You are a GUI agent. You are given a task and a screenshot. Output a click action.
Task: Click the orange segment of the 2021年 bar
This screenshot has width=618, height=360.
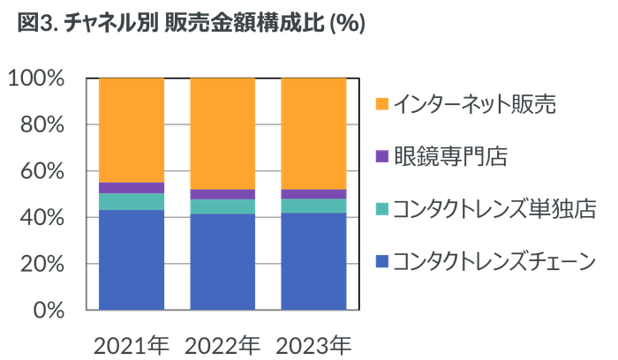[x=132, y=129]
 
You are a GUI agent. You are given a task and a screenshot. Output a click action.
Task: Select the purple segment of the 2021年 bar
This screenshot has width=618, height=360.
[x=132, y=187]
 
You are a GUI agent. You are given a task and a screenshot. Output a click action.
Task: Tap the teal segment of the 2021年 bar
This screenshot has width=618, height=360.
[x=132, y=201]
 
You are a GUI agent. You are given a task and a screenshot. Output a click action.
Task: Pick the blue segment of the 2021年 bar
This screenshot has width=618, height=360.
[x=132, y=259]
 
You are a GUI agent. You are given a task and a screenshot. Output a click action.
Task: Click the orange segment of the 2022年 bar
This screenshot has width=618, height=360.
[x=222, y=132]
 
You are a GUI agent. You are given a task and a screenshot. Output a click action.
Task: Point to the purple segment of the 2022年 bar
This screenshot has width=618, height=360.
[x=222, y=194]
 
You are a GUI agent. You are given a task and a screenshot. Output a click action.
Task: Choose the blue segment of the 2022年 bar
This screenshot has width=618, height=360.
[x=222, y=261]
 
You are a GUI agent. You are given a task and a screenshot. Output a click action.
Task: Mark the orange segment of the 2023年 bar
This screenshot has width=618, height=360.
[x=313, y=132]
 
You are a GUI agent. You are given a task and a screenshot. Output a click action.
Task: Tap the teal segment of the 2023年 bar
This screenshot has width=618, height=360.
[x=313, y=206]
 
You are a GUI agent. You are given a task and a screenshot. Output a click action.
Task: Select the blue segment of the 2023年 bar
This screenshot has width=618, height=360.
[x=313, y=261]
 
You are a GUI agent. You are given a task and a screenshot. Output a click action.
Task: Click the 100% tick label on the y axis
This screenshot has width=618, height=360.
[x=37, y=79]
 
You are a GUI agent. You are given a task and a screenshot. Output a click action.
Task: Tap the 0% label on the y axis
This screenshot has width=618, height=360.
[x=48, y=310]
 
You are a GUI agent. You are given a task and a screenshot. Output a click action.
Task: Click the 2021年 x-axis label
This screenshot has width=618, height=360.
[x=132, y=341]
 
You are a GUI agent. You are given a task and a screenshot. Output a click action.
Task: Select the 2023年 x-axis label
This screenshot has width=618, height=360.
[x=313, y=341]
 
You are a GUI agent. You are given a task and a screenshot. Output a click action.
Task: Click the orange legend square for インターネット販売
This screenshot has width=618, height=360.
[x=381, y=104]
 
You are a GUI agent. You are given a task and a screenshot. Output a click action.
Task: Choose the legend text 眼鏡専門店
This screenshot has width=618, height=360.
[x=450, y=156]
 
